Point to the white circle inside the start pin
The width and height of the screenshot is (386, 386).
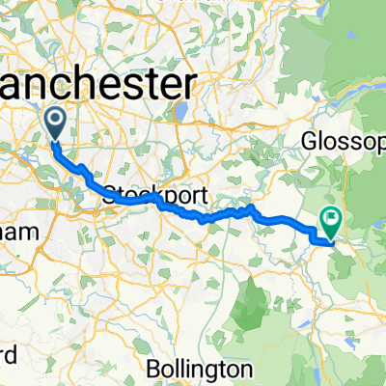click(56, 120)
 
